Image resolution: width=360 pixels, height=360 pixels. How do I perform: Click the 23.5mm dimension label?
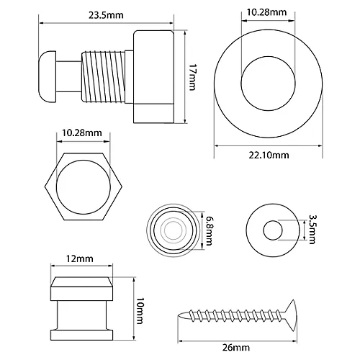[106, 15]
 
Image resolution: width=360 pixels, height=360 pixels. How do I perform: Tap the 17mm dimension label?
[192, 77]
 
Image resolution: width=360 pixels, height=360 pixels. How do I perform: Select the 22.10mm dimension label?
[269, 156]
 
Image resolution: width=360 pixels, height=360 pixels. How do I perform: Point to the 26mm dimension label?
[236, 348]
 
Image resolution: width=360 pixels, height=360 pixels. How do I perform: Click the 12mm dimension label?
[80, 258]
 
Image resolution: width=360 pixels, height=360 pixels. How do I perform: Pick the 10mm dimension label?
[139, 311]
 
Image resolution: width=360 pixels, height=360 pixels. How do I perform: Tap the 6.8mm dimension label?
[208, 230]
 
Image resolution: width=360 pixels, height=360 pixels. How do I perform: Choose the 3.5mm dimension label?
[311, 229]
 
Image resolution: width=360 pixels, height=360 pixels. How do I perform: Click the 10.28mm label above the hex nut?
[82, 132]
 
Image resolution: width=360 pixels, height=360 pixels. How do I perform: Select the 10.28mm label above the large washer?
[267, 12]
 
